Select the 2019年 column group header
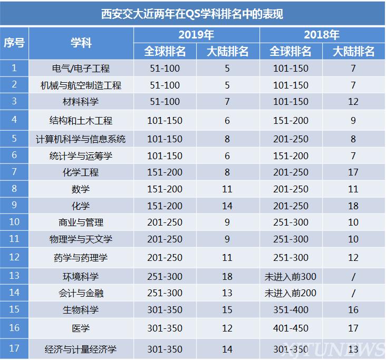pyautogui.click(x=196, y=35)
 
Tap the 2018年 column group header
pyautogui.click(x=322, y=35)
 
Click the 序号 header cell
pyautogui.click(x=14, y=43)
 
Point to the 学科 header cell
pyautogui.click(x=81, y=43)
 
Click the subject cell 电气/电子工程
pyautogui.click(x=81, y=69)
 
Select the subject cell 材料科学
pyautogui.click(x=81, y=102)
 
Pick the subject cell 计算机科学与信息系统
pyautogui.click(x=81, y=139)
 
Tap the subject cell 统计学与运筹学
pyautogui.click(x=81, y=156)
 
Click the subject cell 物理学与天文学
pyautogui.click(x=81, y=239)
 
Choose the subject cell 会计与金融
pyautogui.click(x=81, y=293)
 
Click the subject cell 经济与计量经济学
pyautogui.click(x=81, y=349)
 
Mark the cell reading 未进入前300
pyautogui.click(x=291, y=276)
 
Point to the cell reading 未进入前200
pyautogui.click(x=291, y=293)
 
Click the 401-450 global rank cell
pyautogui.click(x=291, y=328)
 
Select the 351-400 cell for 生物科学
pyautogui.click(x=291, y=309)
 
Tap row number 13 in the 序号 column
pyautogui.click(x=14, y=276)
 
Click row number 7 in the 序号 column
pyautogui.click(x=14, y=172)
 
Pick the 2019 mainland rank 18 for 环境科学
pyautogui.click(x=227, y=276)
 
